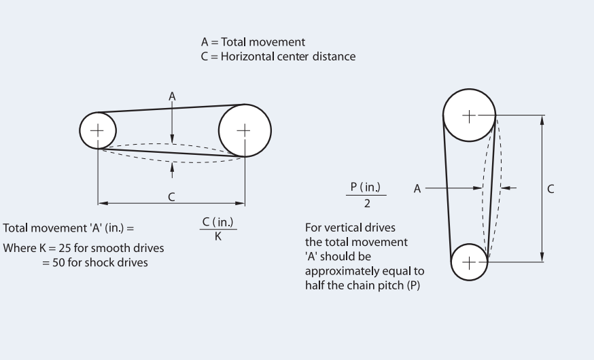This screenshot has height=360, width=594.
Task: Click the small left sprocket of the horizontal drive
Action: (x=98, y=129)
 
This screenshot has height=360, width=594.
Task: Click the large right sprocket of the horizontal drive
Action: (x=245, y=130)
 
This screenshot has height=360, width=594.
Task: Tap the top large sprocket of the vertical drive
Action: (x=469, y=115)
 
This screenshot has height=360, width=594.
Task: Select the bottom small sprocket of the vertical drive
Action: (x=469, y=261)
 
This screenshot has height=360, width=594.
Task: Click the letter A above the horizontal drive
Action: (x=173, y=97)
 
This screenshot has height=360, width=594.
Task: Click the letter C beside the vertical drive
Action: (x=551, y=188)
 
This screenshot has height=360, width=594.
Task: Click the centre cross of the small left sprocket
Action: (x=98, y=129)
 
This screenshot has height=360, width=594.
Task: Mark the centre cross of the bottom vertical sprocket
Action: (x=469, y=261)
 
